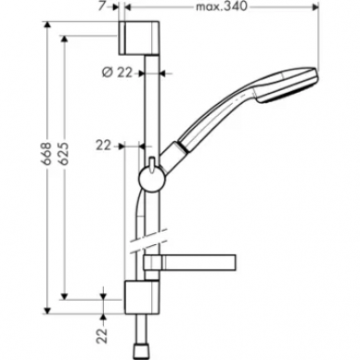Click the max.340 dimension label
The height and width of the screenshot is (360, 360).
222,6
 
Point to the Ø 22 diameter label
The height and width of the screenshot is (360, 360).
117,72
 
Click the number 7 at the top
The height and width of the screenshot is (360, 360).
102,6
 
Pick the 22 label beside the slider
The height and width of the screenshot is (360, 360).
103,146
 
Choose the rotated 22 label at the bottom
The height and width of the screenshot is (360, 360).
103,336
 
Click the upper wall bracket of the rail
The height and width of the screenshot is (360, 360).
139,38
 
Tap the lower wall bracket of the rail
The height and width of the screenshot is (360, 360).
141,297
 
